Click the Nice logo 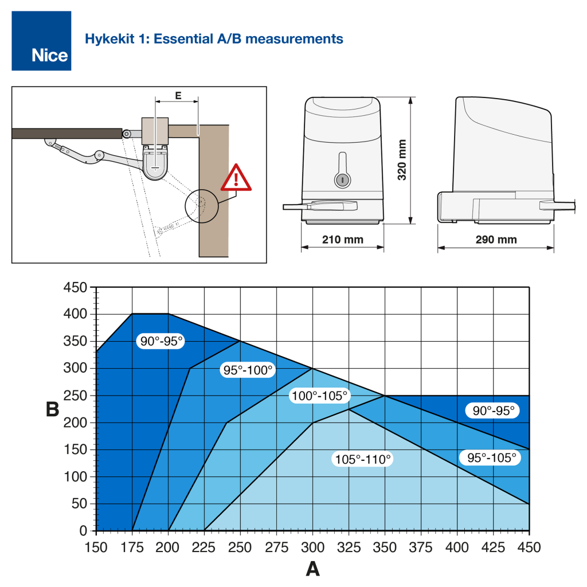pyautogui.click(x=41, y=41)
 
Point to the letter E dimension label pyautogui.click(x=178, y=96)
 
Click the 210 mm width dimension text pyautogui.click(x=342, y=239)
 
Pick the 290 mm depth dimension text pyautogui.click(x=495, y=239)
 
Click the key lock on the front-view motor pyautogui.click(x=341, y=179)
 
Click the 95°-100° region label pyautogui.click(x=248, y=370)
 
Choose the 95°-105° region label pyautogui.click(x=491, y=457)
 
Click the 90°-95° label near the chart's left pyautogui.click(x=161, y=342)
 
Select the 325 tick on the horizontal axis pyautogui.click(x=349, y=547)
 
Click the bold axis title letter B pyautogui.click(x=53, y=410)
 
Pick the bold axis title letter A pyautogui.click(x=312, y=569)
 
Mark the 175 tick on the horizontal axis pyautogui.click(x=132, y=547)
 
